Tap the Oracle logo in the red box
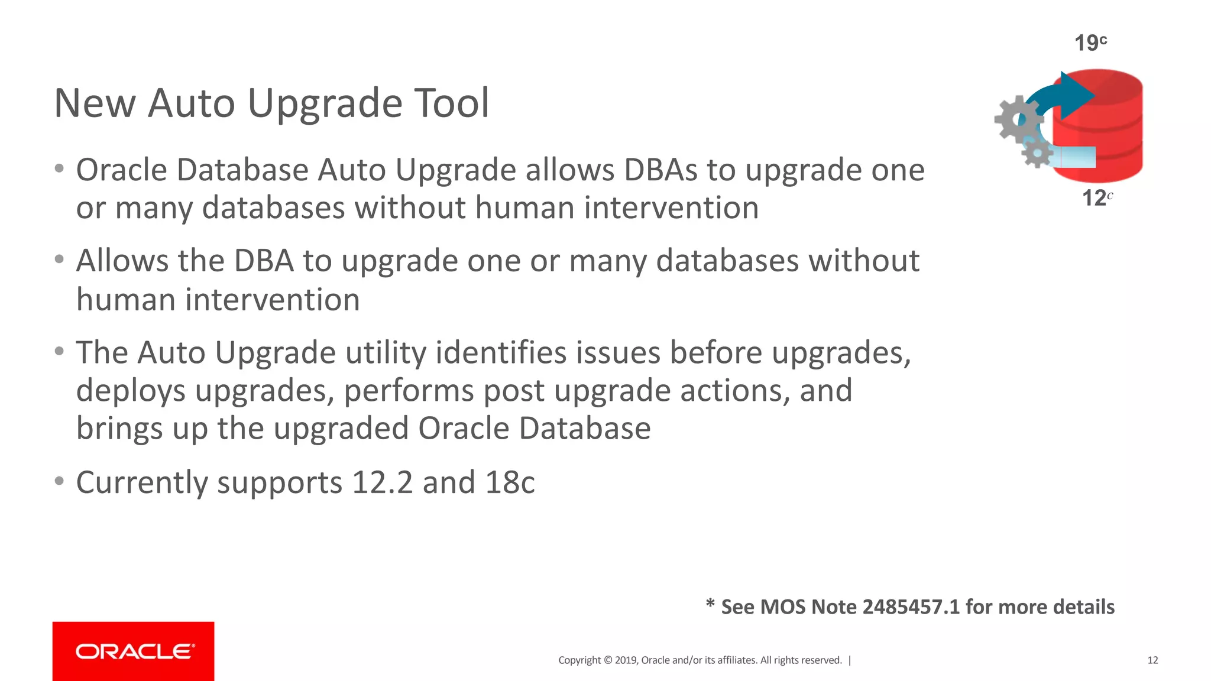point(134,651)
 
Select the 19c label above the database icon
point(1090,43)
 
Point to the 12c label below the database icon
point(1096,197)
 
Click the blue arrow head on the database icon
point(1076,95)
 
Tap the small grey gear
point(1037,153)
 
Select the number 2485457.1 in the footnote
point(911,607)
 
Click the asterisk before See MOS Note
point(710,604)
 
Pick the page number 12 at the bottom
point(1152,660)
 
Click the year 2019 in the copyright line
point(625,660)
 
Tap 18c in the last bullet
point(510,482)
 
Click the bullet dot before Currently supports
point(59,481)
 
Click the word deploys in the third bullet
point(131,391)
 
